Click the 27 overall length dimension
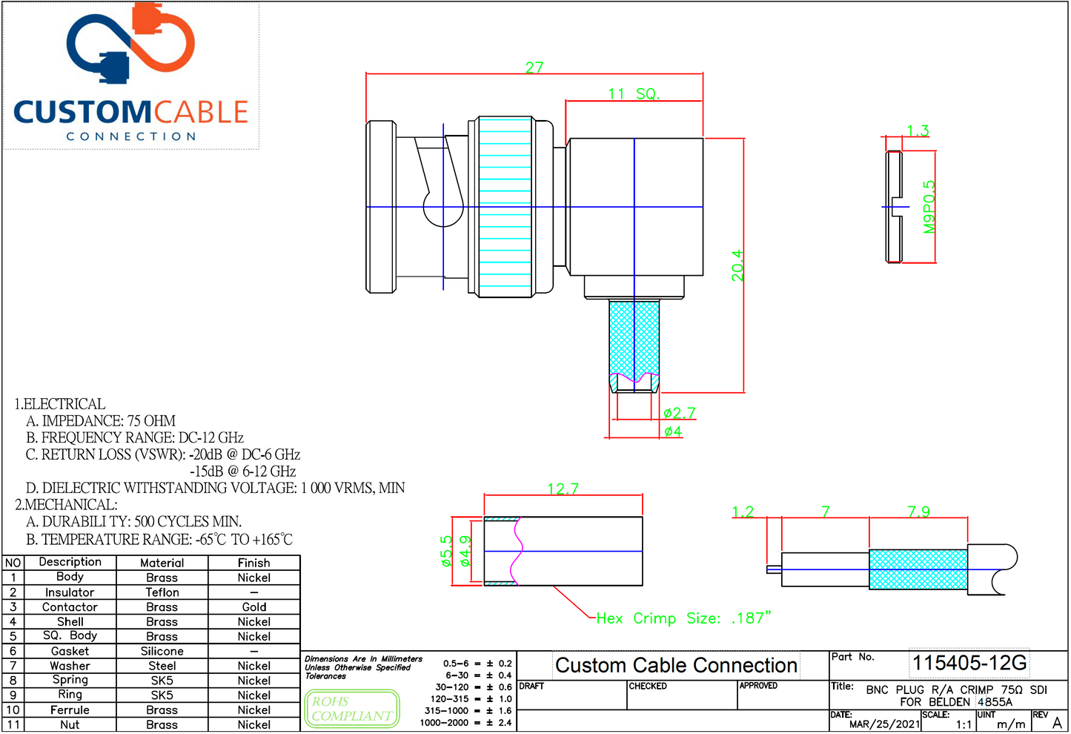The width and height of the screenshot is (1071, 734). click(x=534, y=67)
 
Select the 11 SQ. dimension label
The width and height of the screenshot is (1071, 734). click(x=633, y=94)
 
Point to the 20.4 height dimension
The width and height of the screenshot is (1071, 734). click(x=737, y=265)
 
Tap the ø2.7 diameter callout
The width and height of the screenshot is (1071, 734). click(x=679, y=413)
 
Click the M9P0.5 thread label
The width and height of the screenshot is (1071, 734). click(x=929, y=207)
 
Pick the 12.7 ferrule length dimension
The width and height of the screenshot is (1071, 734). click(x=563, y=489)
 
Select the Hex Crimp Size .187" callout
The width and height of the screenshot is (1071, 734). click(x=683, y=618)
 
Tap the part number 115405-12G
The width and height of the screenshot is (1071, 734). click(x=969, y=663)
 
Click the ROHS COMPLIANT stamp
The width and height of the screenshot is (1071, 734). click(x=352, y=709)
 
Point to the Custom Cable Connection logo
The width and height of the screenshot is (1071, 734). click(x=131, y=74)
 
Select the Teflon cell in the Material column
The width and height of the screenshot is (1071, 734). click(x=162, y=592)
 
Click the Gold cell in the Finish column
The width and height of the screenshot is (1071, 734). click(x=253, y=607)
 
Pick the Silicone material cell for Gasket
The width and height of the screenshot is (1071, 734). click(x=162, y=651)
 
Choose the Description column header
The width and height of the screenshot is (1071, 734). click(x=70, y=563)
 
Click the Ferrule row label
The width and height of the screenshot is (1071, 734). click(x=70, y=710)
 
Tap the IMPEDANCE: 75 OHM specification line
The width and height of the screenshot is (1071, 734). click(x=101, y=421)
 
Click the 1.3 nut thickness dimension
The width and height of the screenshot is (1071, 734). click(x=918, y=131)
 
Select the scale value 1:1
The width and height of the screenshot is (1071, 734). click(x=964, y=724)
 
